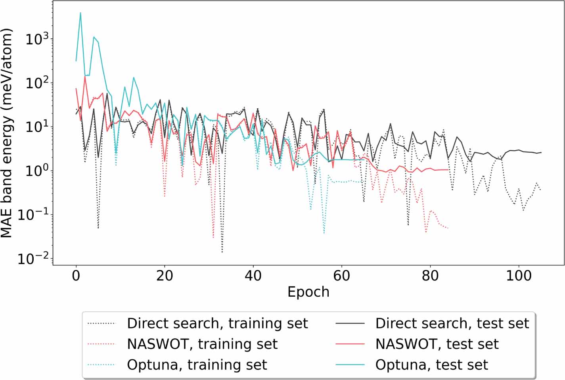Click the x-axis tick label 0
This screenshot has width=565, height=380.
(x=76, y=275)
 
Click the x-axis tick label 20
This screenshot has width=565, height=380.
(x=165, y=275)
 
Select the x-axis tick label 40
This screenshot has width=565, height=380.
(x=253, y=275)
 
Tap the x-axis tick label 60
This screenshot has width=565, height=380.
(x=341, y=275)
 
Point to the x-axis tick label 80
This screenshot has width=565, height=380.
(x=430, y=275)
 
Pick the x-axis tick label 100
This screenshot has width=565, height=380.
(x=519, y=275)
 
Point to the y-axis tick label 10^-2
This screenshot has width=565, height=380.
(x=33, y=259)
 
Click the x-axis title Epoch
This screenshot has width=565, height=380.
(x=308, y=292)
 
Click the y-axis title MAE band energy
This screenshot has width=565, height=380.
(x=7, y=133)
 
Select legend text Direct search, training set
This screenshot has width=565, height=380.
(x=217, y=323)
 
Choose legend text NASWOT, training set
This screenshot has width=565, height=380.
(x=202, y=344)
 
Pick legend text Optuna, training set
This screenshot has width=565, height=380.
(x=197, y=365)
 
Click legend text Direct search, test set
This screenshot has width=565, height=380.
(x=452, y=323)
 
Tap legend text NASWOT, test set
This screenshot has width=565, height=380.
(x=437, y=344)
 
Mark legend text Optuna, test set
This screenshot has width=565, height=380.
(x=431, y=365)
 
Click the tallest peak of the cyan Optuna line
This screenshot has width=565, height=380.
(x=80, y=13)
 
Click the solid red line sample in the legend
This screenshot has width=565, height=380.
(x=350, y=344)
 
